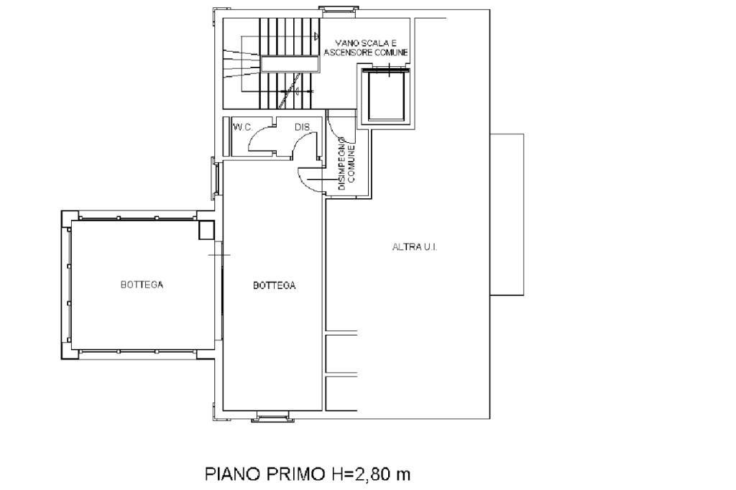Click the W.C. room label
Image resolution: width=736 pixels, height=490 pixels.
click(x=243, y=127)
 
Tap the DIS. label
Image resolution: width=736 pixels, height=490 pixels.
click(x=303, y=127)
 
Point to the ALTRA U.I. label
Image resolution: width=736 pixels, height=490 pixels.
click(x=415, y=247)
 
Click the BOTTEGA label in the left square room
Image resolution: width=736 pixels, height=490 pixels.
click(x=142, y=285)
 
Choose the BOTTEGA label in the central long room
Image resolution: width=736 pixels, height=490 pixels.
click(x=274, y=285)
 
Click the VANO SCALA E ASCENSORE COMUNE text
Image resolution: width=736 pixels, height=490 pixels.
click(x=366, y=47)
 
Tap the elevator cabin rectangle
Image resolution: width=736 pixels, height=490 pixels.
click(x=386, y=96)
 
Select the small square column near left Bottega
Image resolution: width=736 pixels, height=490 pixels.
click(x=206, y=230)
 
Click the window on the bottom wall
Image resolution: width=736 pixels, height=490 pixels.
click(x=272, y=416)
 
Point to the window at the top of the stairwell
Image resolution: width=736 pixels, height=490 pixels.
click(x=338, y=9)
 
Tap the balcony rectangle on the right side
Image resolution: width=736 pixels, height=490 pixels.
click(x=507, y=215)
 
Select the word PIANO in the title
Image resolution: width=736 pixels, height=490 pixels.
click(x=233, y=474)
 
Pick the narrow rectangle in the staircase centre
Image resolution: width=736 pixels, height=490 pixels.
click(x=290, y=64)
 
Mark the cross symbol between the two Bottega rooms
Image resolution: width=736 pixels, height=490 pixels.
click(x=219, y=255)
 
